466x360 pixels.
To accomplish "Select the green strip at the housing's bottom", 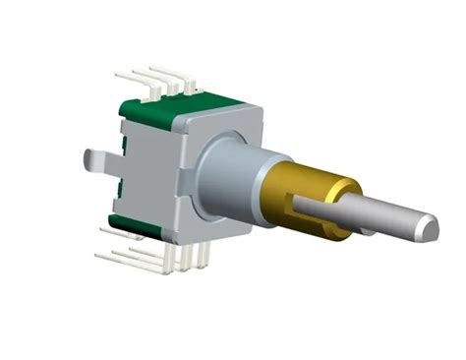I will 138,230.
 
